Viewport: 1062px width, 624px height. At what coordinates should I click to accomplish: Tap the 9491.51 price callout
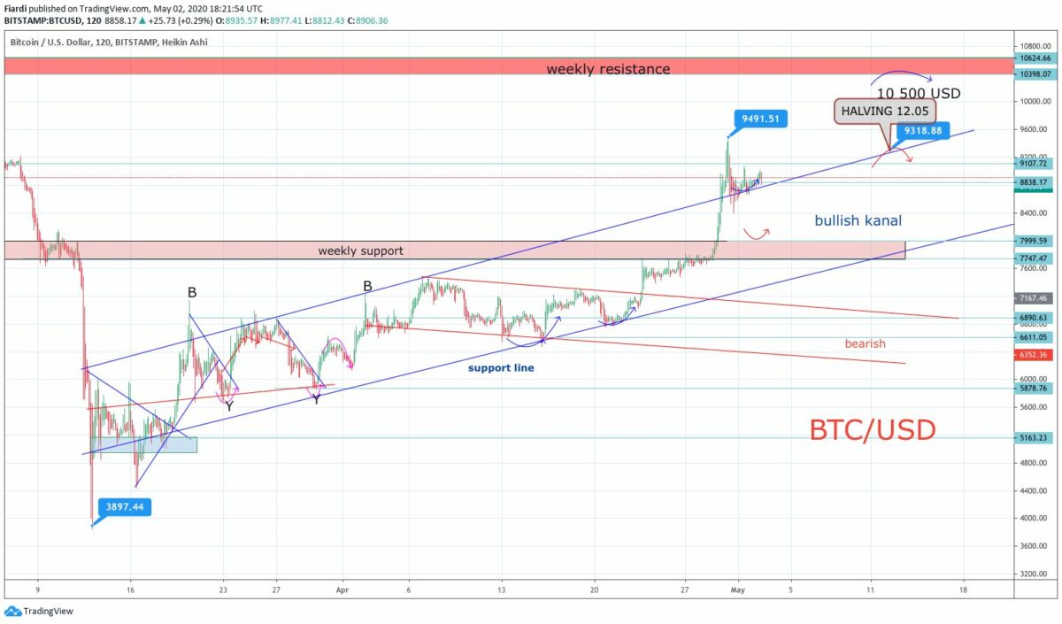tap(760, 118)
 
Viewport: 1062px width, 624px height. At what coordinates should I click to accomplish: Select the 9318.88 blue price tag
tap(922, 131)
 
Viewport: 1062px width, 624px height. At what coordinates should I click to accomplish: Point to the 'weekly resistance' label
tap(607, 68)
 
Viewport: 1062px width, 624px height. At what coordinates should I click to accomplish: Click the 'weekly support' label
tap(360, 250)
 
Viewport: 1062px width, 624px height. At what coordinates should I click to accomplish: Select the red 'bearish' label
tap(865, 343)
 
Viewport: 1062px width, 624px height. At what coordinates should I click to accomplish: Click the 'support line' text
tap(501, 367)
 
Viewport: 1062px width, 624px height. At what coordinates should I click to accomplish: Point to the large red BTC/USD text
tap(872, 430)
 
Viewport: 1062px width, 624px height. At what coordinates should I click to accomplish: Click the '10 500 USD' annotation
tap(918, 93)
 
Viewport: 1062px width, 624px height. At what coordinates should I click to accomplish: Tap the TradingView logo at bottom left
tap(39, 611)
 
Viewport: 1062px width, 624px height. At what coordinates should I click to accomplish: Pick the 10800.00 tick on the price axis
tap(1035, 46)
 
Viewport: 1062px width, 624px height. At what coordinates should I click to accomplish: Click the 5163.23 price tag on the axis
tap(1034, 437)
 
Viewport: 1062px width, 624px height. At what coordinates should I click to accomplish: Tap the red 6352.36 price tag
tap(1034, 355)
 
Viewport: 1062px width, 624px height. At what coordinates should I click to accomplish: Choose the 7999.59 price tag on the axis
tap(1034, 240)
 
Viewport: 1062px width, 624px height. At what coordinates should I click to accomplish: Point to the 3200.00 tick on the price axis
tap(1034, 574)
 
